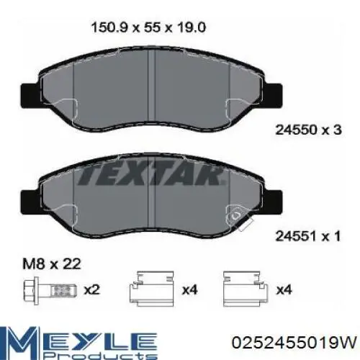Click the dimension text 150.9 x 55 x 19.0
(148, 28)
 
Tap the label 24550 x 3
(308, 130)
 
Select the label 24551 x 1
(308, 236)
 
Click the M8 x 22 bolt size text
(52, 264)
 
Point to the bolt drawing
(50, 291)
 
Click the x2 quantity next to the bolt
(91, 290)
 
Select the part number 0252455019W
(294, 343)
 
